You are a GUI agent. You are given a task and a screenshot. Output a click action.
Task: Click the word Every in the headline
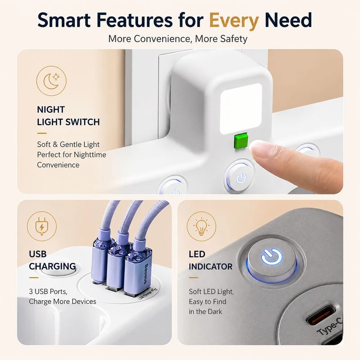(x=234, y=21)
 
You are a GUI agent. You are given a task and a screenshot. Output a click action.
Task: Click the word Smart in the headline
(x=64, y=20)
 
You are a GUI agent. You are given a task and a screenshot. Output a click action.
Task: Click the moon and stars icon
(x=51, y=81)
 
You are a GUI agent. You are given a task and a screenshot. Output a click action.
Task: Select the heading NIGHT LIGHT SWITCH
(x=68, y=116)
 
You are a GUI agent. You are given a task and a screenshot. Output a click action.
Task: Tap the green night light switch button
(x=240, y=141)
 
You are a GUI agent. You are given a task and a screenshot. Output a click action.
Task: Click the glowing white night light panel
(x=241, y=109)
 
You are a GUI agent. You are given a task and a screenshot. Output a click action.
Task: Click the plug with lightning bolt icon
(x=41, y=226)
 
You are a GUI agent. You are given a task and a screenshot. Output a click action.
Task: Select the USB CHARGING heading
(x=52, y=261)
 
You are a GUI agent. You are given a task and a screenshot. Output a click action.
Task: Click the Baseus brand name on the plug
(x=146, y=274)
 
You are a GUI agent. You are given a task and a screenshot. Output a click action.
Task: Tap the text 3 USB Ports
(x=48, y=291)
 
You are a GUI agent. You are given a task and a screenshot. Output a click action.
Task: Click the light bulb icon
(x=201, y=226)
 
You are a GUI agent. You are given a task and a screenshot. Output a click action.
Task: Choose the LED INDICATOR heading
(x=211, y=261)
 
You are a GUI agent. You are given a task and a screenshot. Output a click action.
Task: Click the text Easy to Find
(x=207, y=301)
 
